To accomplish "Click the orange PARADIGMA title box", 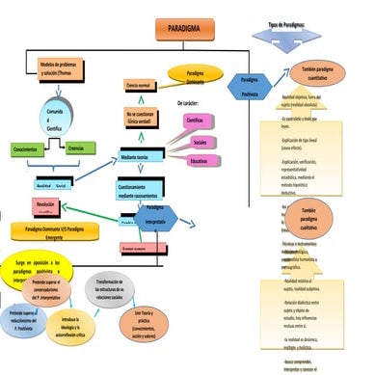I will pyautogui.click(x=183, y=31).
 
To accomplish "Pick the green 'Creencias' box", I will pyautogui.click(x=76, y=149).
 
